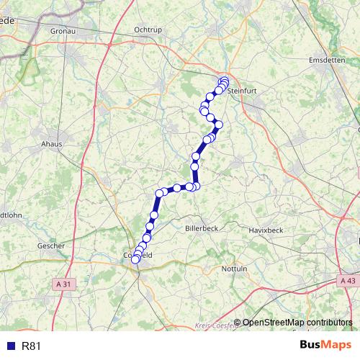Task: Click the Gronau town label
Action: pyautogui.click(x=64, y=32)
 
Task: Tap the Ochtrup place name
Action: pyautogui.click(x=149, y=30)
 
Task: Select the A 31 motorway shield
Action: pyautogui.click(x=64, y=284)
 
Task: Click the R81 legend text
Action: pyautogui.click(x=32, y=346)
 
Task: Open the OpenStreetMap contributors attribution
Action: pyautogui.click(x=297, y=323)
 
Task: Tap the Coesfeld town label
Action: pyautogui.click(x=138, y=256)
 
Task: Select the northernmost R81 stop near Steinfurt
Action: pyautogui.click(x=224, y=80)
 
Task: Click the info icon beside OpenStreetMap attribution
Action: pyautogui.click(x=238, y=323)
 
